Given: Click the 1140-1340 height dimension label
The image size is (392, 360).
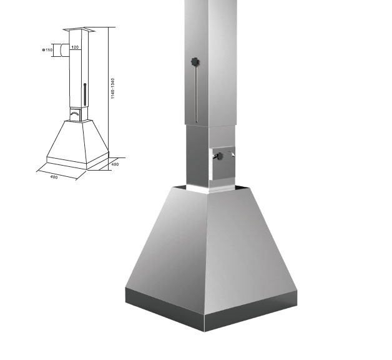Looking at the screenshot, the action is pos(113,88).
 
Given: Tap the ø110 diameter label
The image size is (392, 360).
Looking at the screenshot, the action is pos(47,50).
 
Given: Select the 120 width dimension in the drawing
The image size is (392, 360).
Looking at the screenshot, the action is pos(75,47).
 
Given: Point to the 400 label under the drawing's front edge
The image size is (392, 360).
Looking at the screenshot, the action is pos(54,177).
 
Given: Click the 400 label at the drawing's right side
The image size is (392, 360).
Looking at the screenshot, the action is pos(115,164).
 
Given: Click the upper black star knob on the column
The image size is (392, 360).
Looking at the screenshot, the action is pos(195,62).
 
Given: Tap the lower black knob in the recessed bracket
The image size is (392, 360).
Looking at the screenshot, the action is pos(220,156).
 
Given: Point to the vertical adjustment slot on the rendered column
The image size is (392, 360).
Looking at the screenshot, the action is pos(197,94).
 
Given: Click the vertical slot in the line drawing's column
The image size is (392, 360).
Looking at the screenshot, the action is pos(85,94).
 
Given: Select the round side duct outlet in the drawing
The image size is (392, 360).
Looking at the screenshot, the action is pos(64,50).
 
